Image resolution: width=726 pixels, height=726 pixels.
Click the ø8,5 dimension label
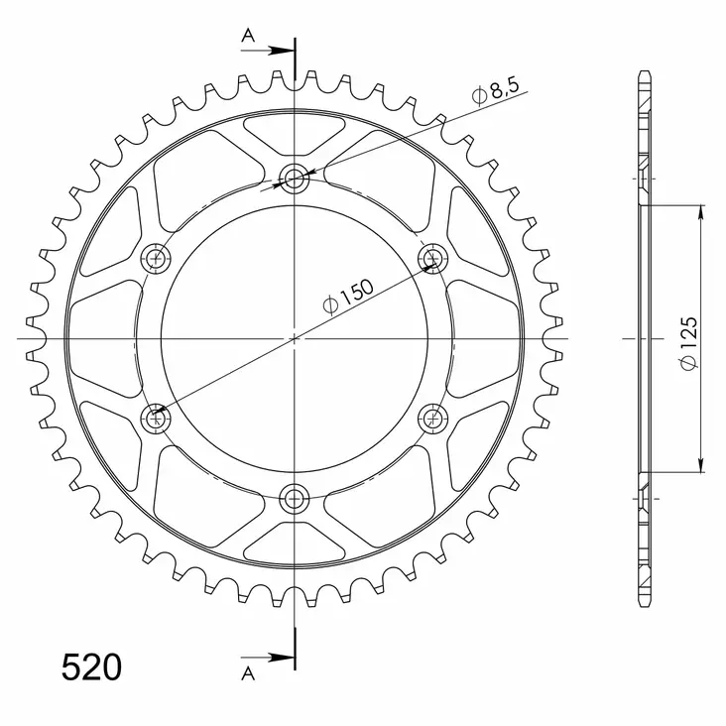(x=496, y=93)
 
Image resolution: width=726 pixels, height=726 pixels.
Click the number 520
(x=92, y=667)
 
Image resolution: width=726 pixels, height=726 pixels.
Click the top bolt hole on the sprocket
(x=295, y=179)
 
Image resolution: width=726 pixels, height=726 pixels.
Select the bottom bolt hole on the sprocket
(x=295, y=499)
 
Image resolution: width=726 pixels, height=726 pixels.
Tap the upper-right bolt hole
(x=433, y=259)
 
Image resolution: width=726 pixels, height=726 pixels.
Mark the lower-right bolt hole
(x=433, y=418)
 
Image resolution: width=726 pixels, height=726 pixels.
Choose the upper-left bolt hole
(x=156, y=259)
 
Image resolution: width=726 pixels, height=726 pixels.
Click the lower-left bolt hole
(x=156, y=418)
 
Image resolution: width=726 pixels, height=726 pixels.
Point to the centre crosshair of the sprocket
(x=295, y=338)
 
